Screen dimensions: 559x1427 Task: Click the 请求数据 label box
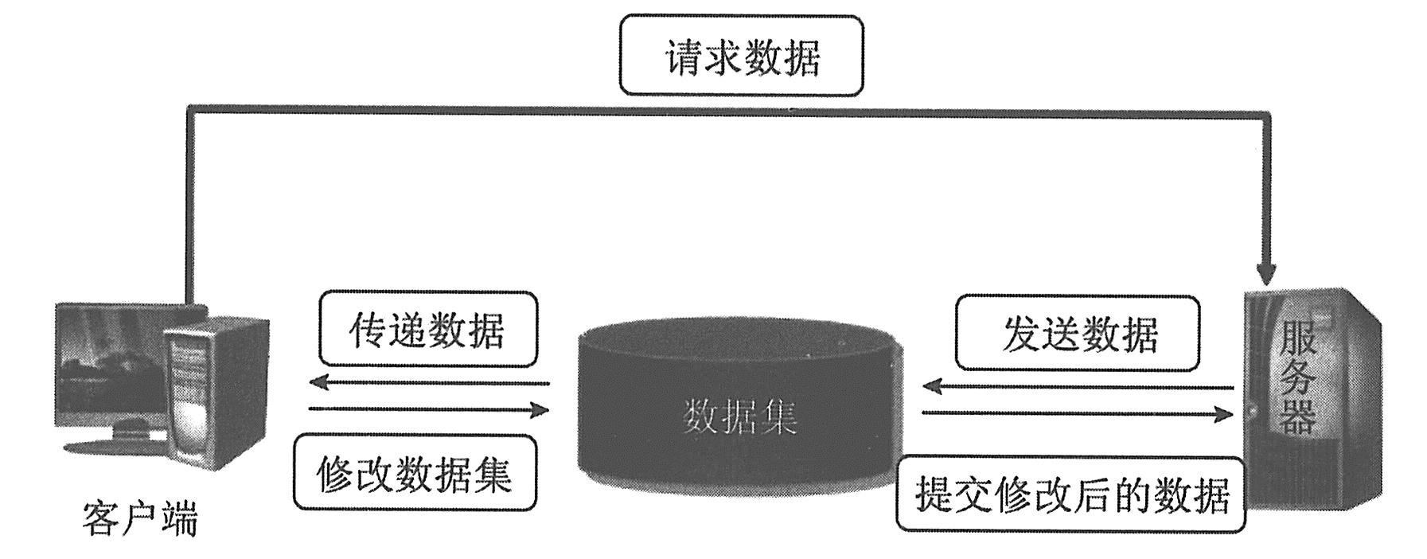(741, 57)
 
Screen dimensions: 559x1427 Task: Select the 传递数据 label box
(427, 330)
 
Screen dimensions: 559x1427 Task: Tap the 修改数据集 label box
(414, 473)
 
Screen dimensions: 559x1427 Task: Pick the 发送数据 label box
(1077, 334)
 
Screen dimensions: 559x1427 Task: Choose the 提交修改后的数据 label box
(1070, 494)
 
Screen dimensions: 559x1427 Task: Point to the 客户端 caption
(139, 518)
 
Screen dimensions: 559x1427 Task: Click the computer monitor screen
(111, 365)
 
